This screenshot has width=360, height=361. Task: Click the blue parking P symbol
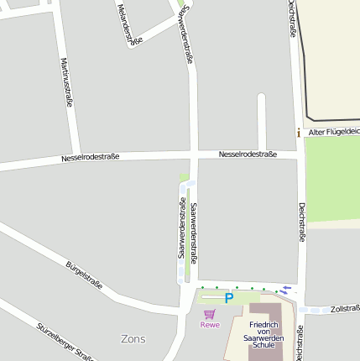(228, 298)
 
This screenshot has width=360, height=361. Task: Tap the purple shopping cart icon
(210, 314)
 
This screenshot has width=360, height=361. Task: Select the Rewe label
(210, 325)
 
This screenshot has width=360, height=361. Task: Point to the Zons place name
(133, 339)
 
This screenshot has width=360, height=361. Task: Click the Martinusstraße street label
(66, 82)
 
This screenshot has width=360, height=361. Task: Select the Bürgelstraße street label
(84, 275)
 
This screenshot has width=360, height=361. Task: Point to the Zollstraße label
(344, 308)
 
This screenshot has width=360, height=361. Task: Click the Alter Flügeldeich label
(333, 132)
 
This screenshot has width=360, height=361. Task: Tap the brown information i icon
(298, 132)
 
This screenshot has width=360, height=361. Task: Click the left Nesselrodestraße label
(90, 157)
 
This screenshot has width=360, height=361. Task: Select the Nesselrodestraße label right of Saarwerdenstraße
(248, 154)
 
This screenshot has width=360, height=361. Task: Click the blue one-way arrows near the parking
(286, 290)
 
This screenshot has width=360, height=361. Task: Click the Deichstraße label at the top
(291, 18)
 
